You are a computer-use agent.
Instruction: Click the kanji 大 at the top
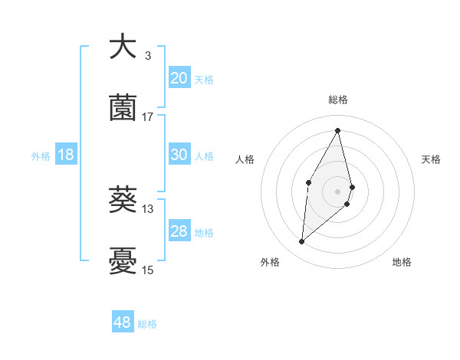tap(123, 47)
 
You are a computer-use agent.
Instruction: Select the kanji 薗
tap(123, 107)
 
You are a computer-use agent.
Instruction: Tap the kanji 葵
tap(123, 200)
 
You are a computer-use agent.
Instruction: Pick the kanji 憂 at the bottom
tap(123, 260)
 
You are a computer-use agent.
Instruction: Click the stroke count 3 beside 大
tap(148, 55)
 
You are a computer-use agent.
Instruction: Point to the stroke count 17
tap(148, 116)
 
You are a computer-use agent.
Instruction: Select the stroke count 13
tap(148, 208)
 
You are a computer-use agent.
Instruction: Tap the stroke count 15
tap(148, 270)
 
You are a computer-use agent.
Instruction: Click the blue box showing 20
tap(179, 77)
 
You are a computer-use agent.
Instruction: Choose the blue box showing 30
tap(179, 154)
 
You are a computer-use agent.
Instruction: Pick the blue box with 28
tap(179, 231)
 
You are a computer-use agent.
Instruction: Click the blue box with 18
tap(66, 155)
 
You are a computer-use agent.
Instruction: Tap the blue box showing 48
tap(122, 322)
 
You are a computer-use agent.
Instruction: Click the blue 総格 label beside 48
tap(147, 324)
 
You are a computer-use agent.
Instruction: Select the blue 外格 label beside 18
tap(41, 155)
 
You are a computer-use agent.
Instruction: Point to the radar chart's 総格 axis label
tap(338, 100)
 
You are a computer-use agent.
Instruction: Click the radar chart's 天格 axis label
tap(432, 159)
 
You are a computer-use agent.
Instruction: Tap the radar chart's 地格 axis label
tap(402, 262)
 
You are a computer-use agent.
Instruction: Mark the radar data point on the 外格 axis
tap(302, 242)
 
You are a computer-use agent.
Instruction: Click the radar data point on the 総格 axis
tap(338, 129)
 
